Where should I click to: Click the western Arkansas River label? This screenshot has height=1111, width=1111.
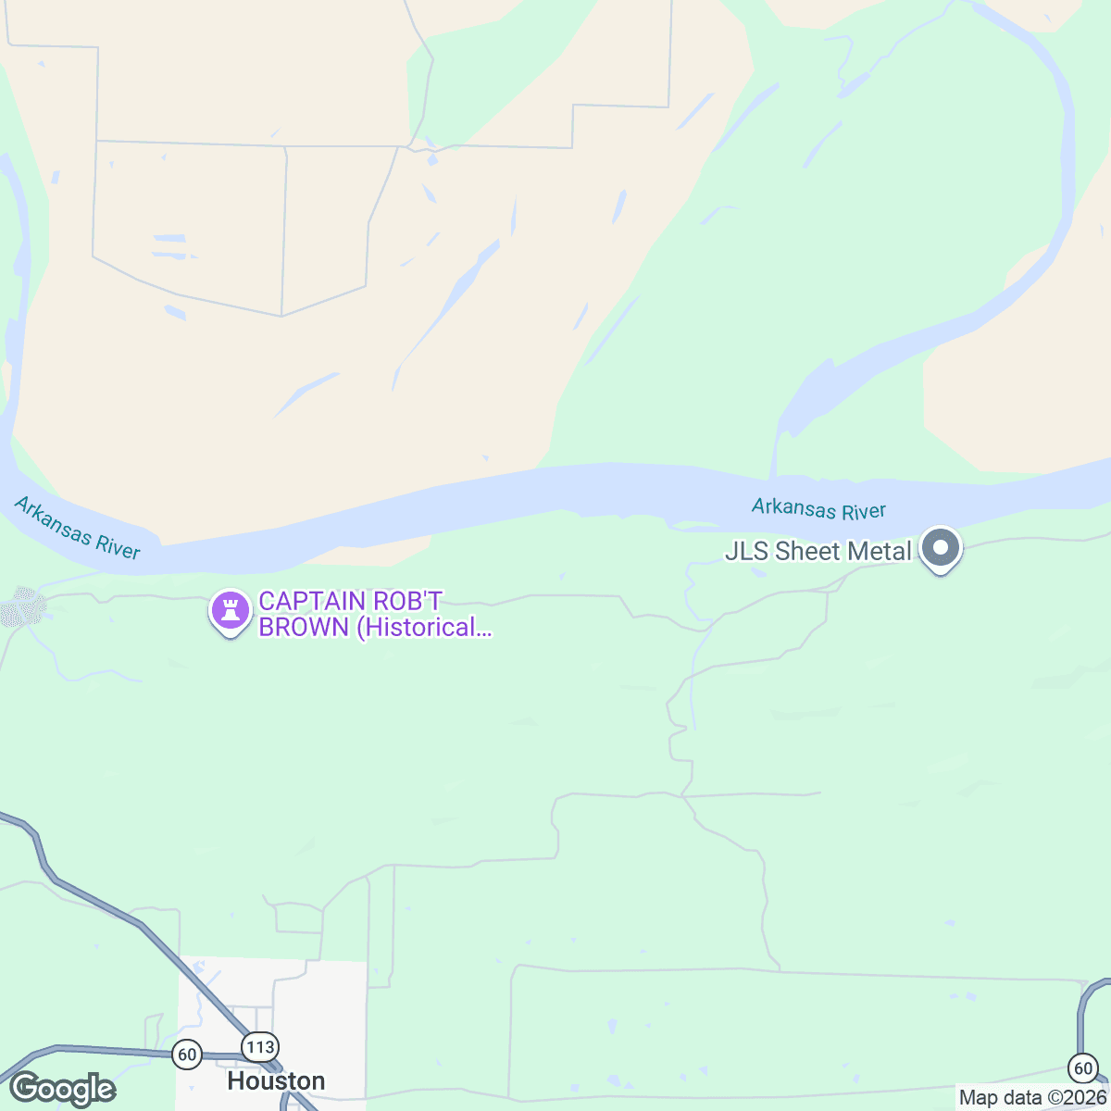[x=78, y=529]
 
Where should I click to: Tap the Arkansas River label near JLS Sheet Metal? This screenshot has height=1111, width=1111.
[x=818, y=509]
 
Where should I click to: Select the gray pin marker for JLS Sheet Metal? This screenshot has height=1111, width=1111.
[x=941, y=548]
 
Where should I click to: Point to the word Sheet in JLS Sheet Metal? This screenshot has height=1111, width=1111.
[x=808, y=552]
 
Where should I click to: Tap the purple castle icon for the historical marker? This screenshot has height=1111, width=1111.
[x=231, y=611]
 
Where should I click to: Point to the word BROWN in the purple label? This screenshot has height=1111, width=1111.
[x=304, y=628]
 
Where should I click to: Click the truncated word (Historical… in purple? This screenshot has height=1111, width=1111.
[x=424, y=628]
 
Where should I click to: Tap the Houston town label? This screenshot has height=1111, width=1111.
[x=276, y=1081]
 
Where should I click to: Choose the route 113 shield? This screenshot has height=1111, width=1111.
[x=260, y=1047]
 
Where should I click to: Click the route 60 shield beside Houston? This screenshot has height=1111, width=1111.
[x=187, y=1054]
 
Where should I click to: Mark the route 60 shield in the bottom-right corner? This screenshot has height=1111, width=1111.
[x=1082, y=1067]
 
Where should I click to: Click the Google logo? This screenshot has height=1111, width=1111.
[x=63, y=1089]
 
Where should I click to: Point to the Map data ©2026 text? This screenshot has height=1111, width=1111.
[x=1032, y=1098]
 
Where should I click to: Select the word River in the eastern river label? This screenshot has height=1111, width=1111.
[x=864, y=511]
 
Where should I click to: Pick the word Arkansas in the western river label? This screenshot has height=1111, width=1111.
[x=54, y=519]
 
